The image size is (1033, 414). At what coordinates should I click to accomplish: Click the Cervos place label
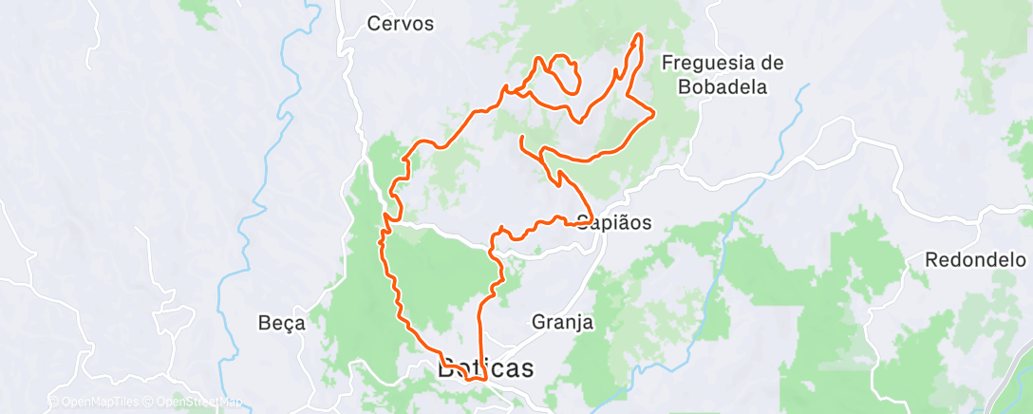(400, 24)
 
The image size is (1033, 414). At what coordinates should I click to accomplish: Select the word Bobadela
(723, 86)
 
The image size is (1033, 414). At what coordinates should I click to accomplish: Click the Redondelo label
(975, 258)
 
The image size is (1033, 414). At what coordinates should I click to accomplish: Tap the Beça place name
(282, 323)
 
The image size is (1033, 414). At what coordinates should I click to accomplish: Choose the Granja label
(563, 322)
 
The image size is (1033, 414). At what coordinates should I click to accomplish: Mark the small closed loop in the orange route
(565, 74)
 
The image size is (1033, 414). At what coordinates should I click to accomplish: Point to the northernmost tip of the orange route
(639, 35)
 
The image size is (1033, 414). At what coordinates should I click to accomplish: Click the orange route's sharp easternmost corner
(654, 116)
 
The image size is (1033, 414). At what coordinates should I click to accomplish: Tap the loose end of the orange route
(522, 139)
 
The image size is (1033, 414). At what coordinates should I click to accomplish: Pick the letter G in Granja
(538, 322)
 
